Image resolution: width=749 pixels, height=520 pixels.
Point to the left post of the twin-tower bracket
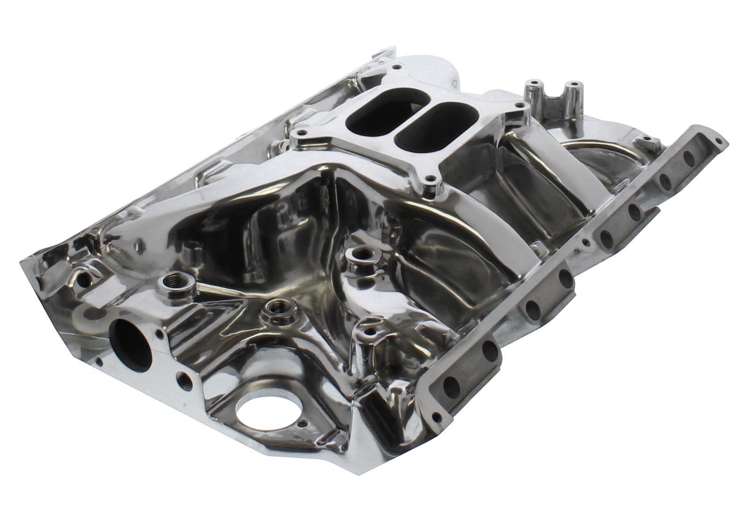532,85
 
